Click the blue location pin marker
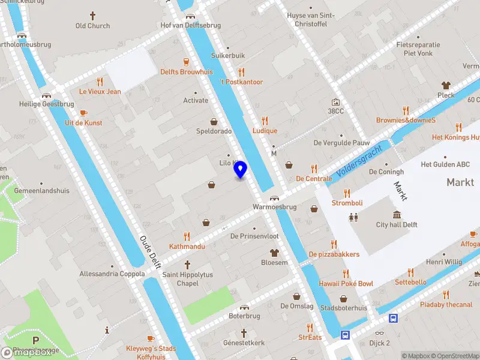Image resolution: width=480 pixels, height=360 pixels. click(241, 170)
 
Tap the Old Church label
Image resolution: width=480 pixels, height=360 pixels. click(92, 26)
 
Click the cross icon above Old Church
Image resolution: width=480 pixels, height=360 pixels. click(92, 15)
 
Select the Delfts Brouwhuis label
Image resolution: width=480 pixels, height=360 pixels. click(187, 71)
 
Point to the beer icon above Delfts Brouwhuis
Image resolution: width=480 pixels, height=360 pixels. click(187, 61)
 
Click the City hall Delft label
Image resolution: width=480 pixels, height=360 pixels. click(397, 225)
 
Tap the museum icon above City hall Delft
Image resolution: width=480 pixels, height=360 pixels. click(397, 215)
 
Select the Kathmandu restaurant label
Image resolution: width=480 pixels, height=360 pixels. click(187, 247)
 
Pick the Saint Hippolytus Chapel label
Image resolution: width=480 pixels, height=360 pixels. click(187, 279)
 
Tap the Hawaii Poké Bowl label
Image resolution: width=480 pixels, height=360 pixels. click(346, 283)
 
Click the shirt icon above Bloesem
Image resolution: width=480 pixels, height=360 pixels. click(274, 253)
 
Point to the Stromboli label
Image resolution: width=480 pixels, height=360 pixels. click(347, 203)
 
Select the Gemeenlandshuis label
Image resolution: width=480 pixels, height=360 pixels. click(42, 191)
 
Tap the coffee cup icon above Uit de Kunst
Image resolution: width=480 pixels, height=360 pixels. click(83, 112)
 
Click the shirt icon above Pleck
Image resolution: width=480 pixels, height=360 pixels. click(446, 85)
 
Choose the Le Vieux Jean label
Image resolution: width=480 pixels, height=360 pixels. click(100, 92)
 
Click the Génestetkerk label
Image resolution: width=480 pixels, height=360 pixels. click(244, 343)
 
